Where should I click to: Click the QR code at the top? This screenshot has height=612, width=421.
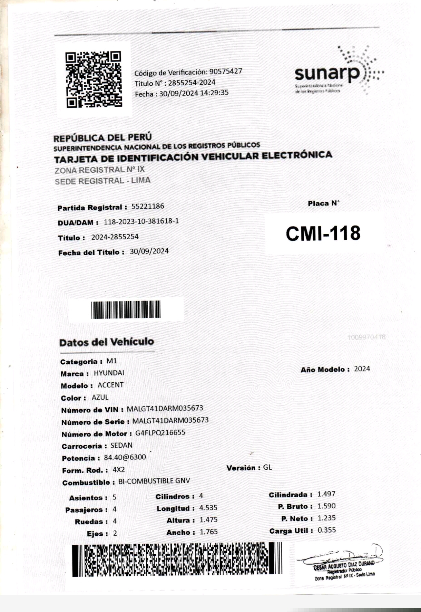click(x=94, y=79)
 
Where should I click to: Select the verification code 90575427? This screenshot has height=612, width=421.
click(x=226, y=71)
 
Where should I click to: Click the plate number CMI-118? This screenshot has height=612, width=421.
click(x=323, y=233)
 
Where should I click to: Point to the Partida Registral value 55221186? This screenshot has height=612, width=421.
click(x=148, y=207)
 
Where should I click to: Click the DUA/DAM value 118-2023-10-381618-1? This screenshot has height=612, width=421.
click(x=141, y=221)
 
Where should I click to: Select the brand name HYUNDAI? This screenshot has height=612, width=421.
click(x=109, y=373)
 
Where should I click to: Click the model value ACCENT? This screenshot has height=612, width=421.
click(x=110, y=385)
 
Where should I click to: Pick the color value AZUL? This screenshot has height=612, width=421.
click(x=100, y=397)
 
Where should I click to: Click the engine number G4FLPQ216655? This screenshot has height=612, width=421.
click(x=160, y=433)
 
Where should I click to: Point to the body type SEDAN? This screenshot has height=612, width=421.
click(x=121, y=445)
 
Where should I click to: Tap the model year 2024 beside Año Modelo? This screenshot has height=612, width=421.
click(x=362, y=369)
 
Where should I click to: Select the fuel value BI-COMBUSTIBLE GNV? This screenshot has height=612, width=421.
click(x=154, y=481)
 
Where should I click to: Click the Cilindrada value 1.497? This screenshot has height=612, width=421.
click(x=326, y=494)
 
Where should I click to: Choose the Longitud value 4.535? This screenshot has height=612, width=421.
click(x=208, y=508)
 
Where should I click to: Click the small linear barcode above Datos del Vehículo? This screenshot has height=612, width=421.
click(x=126, y=309)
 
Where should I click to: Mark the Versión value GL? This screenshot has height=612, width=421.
click(x=267, y=468)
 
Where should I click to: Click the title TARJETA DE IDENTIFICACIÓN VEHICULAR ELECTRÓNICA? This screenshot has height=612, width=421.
click(x=193, y=157)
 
